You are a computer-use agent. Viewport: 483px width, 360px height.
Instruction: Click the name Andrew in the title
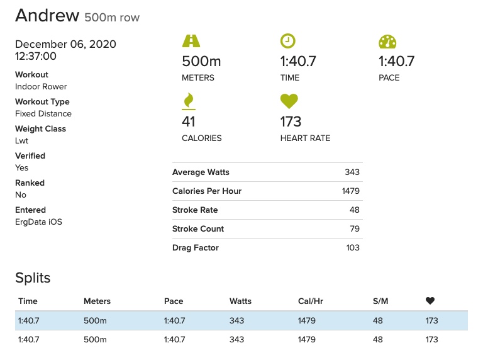click(47, 16)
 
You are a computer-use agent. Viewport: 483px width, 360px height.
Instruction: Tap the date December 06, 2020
click(65, 44)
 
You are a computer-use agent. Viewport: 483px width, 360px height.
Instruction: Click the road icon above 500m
click(191, 42)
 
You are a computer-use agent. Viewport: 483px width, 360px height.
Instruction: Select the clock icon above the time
click(287, 42)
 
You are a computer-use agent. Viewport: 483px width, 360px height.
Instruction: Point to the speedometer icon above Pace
click(387, 42)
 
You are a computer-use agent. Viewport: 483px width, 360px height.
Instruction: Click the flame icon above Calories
click(188, 101)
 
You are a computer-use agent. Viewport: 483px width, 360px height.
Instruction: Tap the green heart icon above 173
click(289, 101)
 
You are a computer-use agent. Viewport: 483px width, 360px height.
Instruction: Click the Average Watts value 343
click(352, 172)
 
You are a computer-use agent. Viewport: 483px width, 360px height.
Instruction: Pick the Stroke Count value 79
click(355, 229)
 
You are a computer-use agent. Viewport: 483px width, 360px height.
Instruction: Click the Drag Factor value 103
click(353, 248)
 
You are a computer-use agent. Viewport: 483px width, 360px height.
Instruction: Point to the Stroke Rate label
click(195, 210)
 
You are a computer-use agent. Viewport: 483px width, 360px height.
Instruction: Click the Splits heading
click(33, 278)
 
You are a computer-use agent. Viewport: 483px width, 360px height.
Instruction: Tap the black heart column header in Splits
click(430, 301)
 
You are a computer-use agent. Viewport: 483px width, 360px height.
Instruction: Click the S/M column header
click(380, 301)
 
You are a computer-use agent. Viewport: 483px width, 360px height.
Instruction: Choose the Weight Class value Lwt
click(22, 141)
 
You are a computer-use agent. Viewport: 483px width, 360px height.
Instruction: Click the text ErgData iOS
click(38, 222)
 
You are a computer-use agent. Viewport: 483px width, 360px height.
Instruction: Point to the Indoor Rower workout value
click(41, 87)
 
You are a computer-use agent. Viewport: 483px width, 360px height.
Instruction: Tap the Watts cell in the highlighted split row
click(236, 321)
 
